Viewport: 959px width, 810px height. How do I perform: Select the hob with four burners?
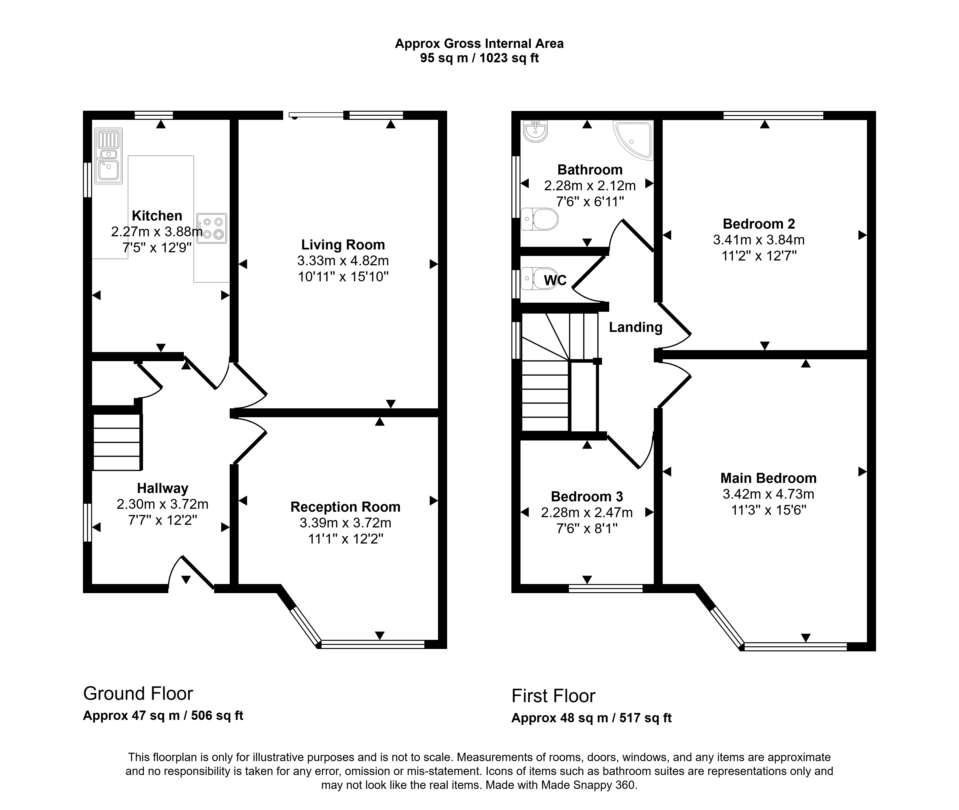pos(212,228)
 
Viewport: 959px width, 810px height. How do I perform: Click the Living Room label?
pos(343,245)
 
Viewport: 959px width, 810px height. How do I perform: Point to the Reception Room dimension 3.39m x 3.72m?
pos(345,523)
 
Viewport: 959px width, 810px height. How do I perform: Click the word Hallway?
pos(163,488)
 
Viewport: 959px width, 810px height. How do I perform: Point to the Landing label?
pos(636,327)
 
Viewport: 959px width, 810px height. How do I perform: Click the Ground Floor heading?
pos(138,693)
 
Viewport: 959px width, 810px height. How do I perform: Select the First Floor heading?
pos(553,696)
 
